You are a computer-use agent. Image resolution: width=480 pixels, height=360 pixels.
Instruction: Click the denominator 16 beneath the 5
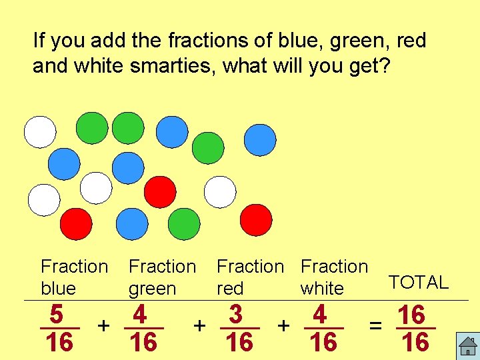coord(60,343)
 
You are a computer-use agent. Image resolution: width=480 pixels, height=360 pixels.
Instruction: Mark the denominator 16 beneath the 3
coord(239,343)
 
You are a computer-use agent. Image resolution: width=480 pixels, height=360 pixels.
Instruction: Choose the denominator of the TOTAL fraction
coord(415,343)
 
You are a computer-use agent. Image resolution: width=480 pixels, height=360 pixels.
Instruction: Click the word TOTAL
coord(419,283)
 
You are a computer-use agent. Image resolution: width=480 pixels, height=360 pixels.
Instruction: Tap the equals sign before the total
coord(376,326)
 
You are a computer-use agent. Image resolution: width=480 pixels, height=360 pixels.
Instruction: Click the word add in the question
coord(95,41)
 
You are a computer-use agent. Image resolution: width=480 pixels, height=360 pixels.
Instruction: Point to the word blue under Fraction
coord(59,289)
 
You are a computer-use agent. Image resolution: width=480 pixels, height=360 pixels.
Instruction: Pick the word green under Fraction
coord(153,289)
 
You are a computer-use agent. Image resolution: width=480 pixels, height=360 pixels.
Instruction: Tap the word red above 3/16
coord(230,289)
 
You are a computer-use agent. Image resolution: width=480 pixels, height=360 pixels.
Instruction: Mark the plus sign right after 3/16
coord(283,325)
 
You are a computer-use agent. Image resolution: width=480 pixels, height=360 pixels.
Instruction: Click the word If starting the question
coord(39,41)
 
